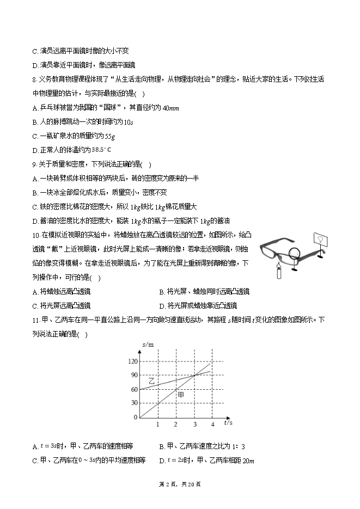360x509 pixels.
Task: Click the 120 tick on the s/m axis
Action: [132, 361]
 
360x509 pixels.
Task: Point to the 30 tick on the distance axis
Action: [134, 403]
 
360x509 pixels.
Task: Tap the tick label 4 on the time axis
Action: [212, 424]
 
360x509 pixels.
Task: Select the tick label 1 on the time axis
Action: [157, 424]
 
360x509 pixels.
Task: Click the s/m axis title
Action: [148, 345]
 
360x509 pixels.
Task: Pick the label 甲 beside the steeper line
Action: [180, 394]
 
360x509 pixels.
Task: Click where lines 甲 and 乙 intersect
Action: [194, 375]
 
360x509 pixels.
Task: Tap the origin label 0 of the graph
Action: [136, 417]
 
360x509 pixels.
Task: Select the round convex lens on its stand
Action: [295, 254]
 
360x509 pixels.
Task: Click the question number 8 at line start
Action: [34, 79]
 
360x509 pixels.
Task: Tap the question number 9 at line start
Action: [34, 164]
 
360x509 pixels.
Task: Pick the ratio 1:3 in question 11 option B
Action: [235, 446]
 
